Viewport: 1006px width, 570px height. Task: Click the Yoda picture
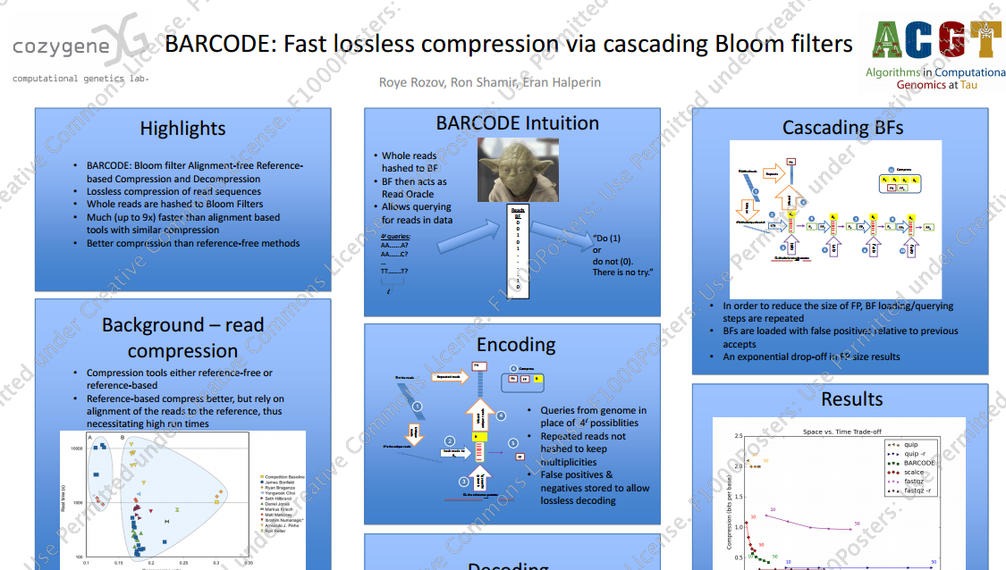coord(518,170)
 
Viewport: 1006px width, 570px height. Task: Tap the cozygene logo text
coord(62,47)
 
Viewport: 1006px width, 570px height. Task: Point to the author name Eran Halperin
coord(564,82)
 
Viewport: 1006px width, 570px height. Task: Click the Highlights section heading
coord(182,129)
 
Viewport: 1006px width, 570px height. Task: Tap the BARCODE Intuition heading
coord(517,123)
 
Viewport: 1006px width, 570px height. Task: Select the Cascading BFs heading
coord(842,128)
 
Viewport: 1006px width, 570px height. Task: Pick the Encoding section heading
coord(516,345)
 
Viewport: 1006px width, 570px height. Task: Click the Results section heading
coord(851,399)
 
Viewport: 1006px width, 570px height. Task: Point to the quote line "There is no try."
coord(622,272)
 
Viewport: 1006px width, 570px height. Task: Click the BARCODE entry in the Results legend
coord(919,463)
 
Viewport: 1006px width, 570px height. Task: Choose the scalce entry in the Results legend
coord(914,472)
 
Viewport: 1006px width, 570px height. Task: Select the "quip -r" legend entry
coord(915,454)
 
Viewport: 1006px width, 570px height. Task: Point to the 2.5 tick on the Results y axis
coord(738,436)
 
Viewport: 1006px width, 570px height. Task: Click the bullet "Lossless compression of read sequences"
coord(173,191)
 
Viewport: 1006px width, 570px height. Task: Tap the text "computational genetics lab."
coord(80,79)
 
